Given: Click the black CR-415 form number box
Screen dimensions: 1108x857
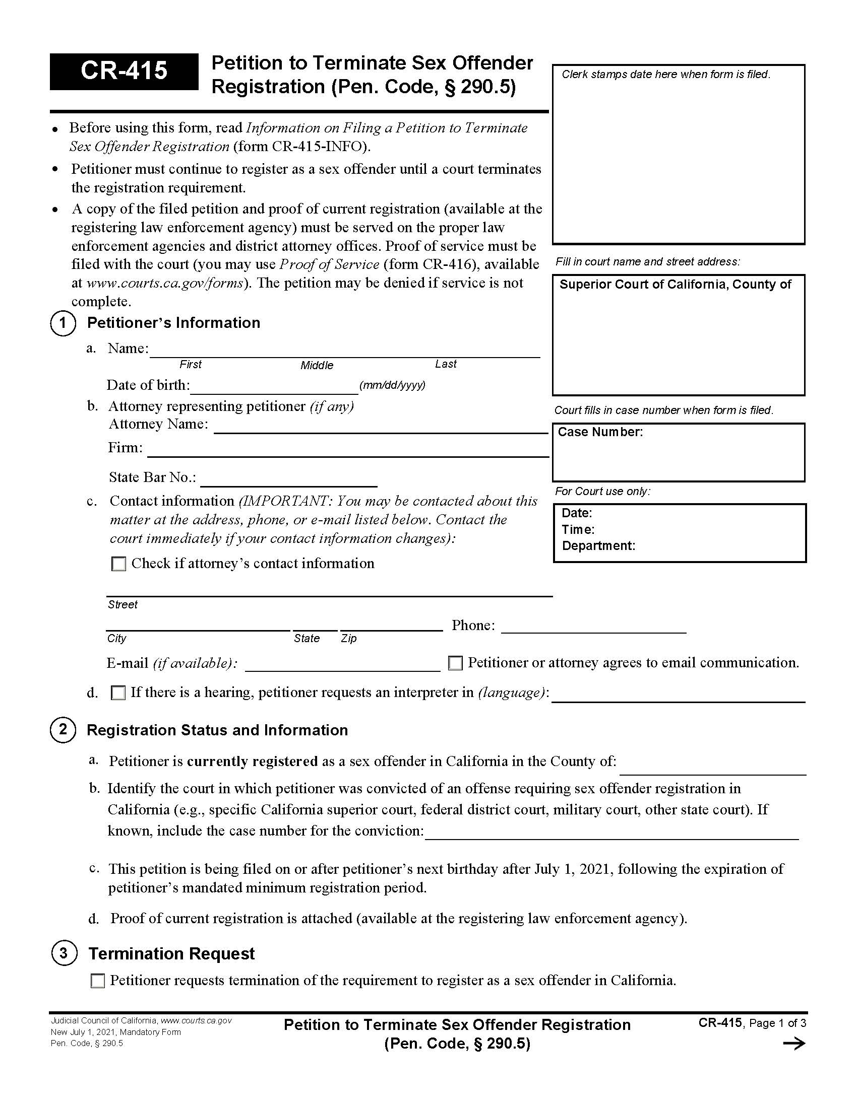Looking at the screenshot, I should point(124,71).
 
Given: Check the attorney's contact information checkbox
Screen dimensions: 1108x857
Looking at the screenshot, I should point(118,564).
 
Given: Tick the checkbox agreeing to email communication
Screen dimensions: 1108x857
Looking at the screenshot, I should point(455,663).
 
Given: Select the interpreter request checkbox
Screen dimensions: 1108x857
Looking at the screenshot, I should point(118,692).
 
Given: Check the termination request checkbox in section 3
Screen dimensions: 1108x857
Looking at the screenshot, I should point(97,981).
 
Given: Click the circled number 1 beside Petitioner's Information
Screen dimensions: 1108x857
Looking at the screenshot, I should point(63,323).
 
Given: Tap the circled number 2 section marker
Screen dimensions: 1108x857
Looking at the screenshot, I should point(63,730).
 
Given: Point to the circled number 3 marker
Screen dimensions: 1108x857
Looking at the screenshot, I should point(64,953).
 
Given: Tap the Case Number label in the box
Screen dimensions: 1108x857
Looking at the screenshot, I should point(600,432).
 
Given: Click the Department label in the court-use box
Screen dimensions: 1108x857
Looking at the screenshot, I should point(598,546).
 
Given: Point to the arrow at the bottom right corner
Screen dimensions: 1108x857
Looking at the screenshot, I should point(793,1044).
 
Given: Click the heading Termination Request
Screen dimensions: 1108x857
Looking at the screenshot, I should point(171,954).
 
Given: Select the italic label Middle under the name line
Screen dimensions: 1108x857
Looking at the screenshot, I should point(317,365).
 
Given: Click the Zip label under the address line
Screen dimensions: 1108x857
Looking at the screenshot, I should point(348,639).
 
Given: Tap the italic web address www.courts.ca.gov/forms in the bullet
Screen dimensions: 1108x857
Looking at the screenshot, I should point(165,283).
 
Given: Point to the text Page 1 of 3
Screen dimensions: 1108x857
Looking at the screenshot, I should point(777,1023).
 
